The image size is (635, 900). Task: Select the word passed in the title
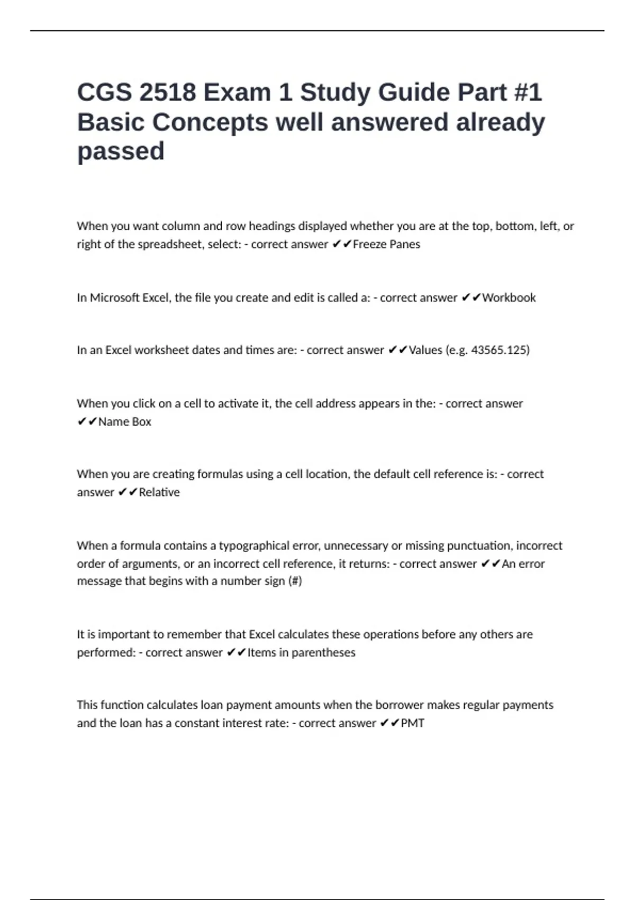121,151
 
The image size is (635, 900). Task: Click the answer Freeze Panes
386,245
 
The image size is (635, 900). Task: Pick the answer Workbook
509,298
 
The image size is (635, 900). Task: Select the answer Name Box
125,422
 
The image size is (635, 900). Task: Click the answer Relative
159,492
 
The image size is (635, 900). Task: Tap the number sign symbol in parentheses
295,581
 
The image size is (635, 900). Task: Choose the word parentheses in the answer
323,653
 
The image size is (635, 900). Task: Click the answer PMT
413,723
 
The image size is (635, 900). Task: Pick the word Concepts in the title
210,122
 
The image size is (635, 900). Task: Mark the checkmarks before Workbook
471,298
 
